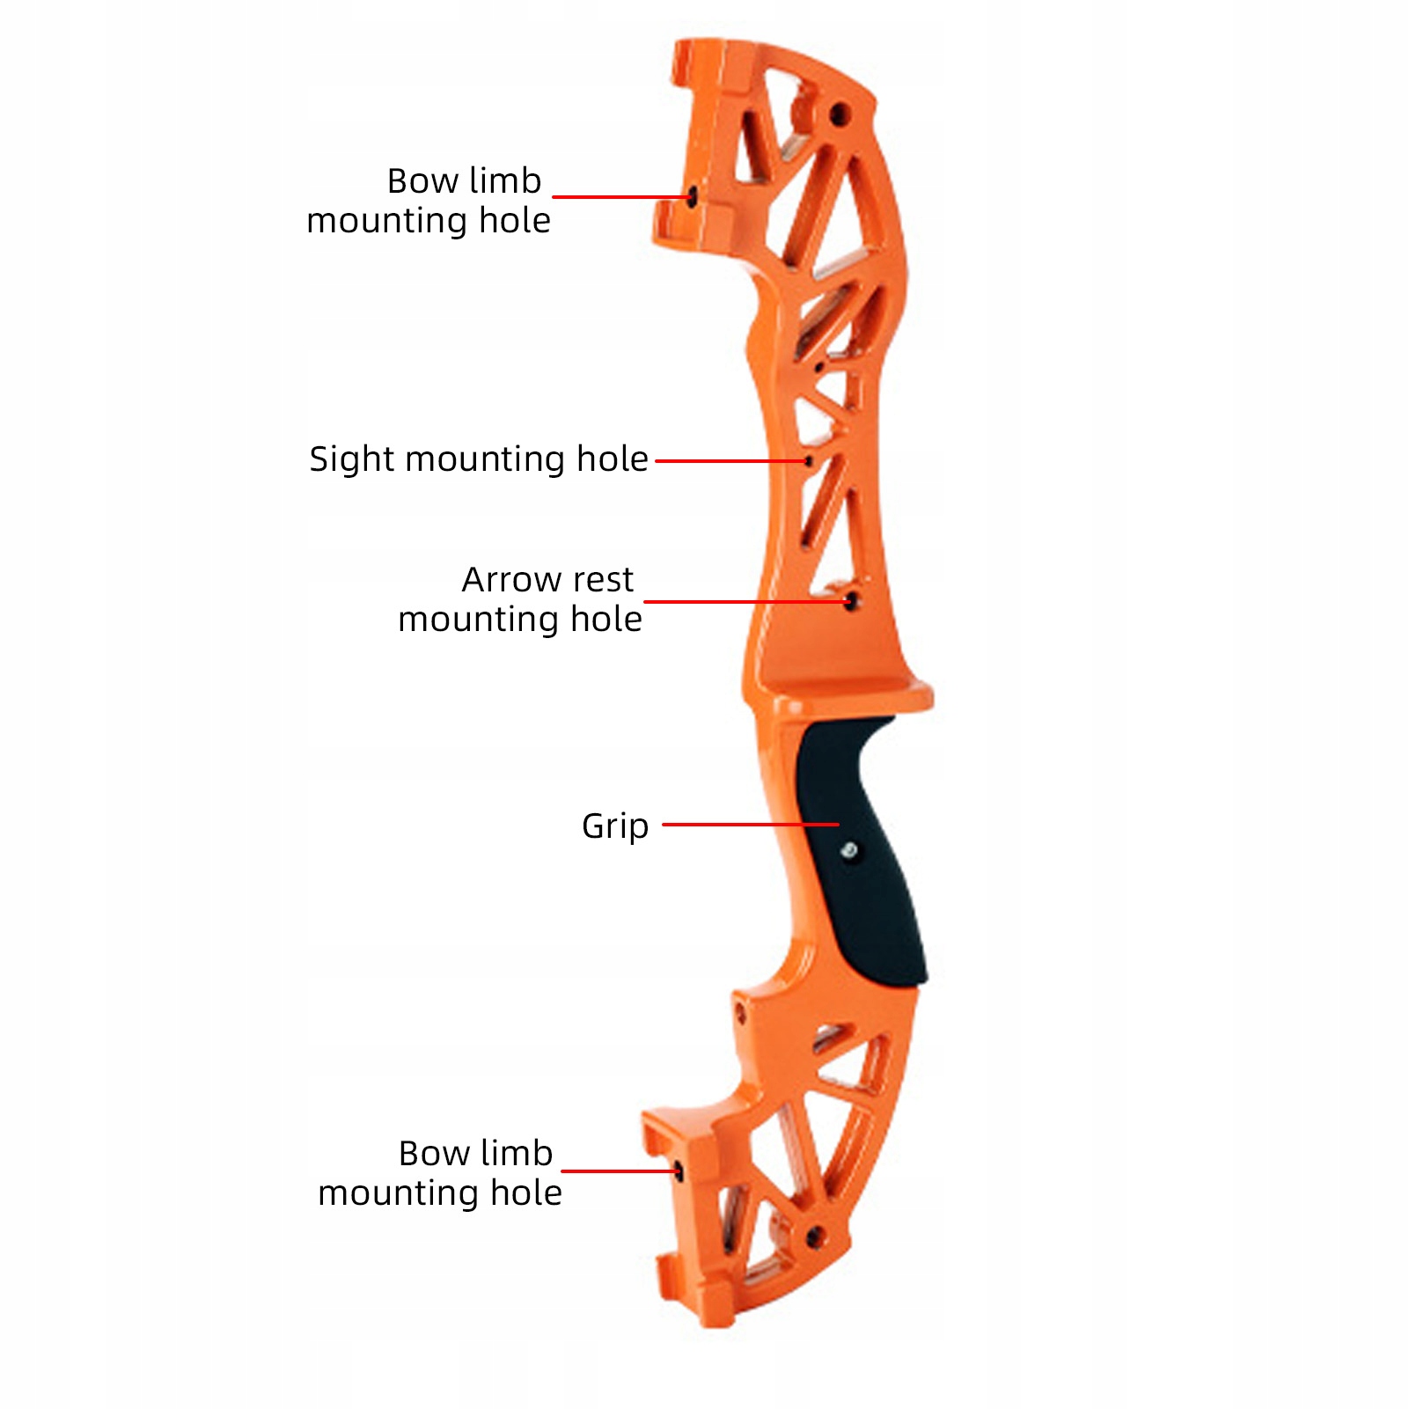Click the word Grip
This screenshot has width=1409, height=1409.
tap(615, 826)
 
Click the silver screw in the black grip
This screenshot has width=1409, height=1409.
tap(849, 850)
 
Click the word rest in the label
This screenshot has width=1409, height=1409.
tap(602, 580)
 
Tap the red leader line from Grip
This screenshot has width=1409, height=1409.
tap(748, 825)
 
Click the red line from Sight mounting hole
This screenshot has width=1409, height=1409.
tap(730, 460)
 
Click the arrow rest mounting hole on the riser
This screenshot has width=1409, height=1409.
tap(850, 602)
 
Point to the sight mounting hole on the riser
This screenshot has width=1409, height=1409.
tap(809, 460)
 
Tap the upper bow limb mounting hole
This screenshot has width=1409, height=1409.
tap(693, 197)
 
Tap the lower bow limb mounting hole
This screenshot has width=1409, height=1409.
tap(679, 1170)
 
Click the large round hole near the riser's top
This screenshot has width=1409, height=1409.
tap(840, 114)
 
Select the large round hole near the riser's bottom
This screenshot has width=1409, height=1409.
tap(814, 1237)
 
